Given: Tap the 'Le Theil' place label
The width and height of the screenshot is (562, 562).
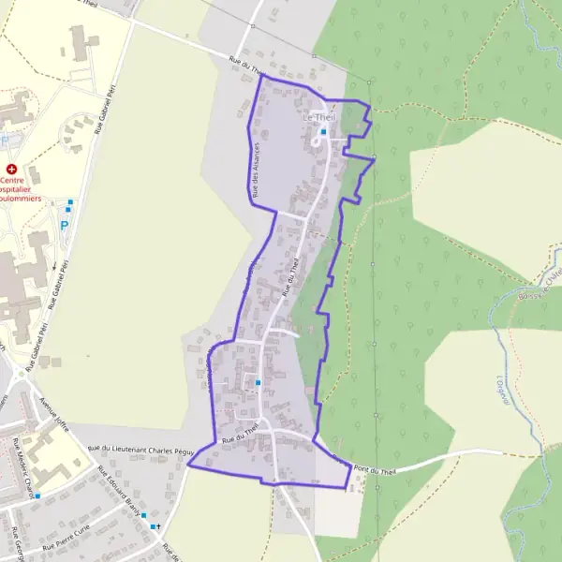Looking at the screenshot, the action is (318, 118).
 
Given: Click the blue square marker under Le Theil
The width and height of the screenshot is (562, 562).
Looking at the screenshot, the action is (323, 132).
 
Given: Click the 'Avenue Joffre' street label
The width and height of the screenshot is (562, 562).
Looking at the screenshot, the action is (54, 410).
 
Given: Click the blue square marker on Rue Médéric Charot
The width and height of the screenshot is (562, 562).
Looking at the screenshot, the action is (37, 495).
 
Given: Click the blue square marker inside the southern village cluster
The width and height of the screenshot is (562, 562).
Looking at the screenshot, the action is (258, 381).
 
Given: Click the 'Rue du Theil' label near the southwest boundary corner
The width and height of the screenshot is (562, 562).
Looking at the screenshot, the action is (239, 434).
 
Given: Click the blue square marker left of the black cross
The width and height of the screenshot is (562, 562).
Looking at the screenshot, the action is (144, 515).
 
